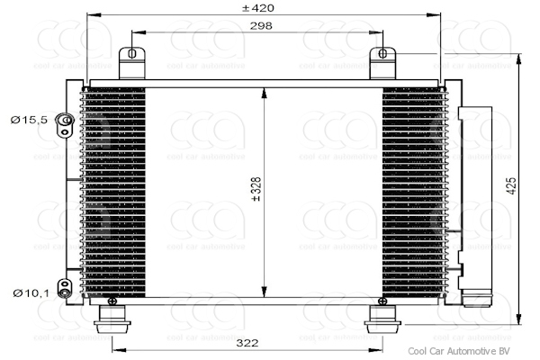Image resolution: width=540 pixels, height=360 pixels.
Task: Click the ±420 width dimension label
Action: point(259,8)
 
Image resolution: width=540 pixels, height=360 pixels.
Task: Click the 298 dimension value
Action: point(260,27)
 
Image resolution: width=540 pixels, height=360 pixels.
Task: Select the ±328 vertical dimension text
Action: point(256,191)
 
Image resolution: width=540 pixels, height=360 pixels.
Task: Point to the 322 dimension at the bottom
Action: point(249,343)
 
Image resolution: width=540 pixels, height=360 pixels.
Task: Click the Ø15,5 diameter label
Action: point(28,119)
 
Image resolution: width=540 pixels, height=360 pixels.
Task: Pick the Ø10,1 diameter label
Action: point(28,292)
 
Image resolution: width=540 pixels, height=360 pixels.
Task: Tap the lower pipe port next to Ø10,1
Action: point(65,288)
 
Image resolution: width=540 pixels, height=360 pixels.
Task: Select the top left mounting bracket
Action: point(132,64)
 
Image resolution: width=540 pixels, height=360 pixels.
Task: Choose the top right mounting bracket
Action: point(382,64)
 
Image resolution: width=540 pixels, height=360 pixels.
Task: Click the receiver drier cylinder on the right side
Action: point(475,198)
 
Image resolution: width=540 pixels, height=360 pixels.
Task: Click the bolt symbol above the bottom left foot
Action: point(112,301)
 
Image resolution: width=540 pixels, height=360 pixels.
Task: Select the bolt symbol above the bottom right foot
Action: point(381,301)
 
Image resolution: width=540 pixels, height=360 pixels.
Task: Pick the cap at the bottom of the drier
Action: point(475,297)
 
